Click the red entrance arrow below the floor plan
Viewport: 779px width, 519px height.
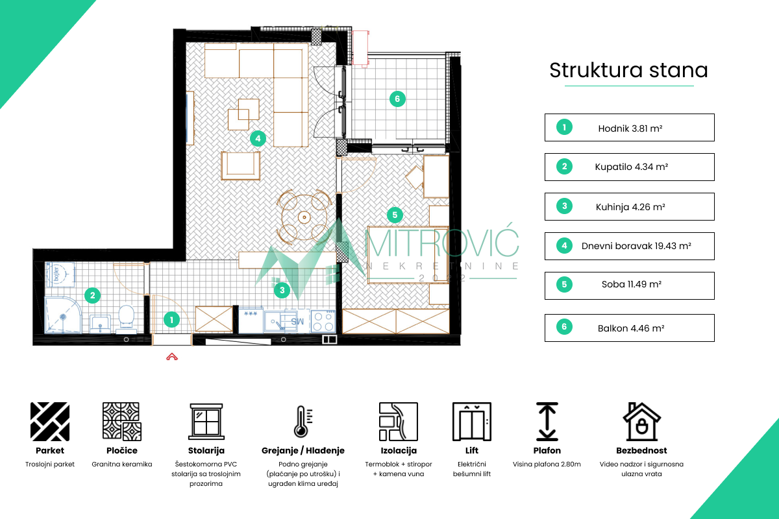(172, 357)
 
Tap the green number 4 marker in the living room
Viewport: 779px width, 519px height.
(258, 139)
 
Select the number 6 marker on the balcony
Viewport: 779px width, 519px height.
(397, 99)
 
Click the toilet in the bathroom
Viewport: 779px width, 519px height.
(126, 317)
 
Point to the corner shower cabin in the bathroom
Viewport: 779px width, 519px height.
(63, 315)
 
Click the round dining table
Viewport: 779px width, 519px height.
(304, 217)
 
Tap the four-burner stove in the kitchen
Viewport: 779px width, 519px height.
(323, 322)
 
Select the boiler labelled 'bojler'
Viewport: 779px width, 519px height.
(60, 274)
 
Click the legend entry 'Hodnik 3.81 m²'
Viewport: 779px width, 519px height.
(630, 128)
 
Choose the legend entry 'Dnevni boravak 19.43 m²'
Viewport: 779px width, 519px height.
(630, 246)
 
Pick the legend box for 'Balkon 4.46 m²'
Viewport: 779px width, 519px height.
(630, 328)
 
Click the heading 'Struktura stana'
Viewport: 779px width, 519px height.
(628, 70)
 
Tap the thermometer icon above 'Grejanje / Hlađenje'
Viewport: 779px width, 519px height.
(303, 421)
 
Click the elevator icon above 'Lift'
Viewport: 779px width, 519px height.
(471, 421)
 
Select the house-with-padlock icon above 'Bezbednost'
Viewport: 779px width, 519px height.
(641, 421)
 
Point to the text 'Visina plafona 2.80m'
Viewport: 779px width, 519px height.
(547, 464)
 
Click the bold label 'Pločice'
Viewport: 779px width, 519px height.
(122, 450)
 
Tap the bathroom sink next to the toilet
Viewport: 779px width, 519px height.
(100, 323)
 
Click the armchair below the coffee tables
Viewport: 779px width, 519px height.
(241, 165)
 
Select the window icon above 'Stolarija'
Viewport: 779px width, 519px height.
(206, 422)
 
